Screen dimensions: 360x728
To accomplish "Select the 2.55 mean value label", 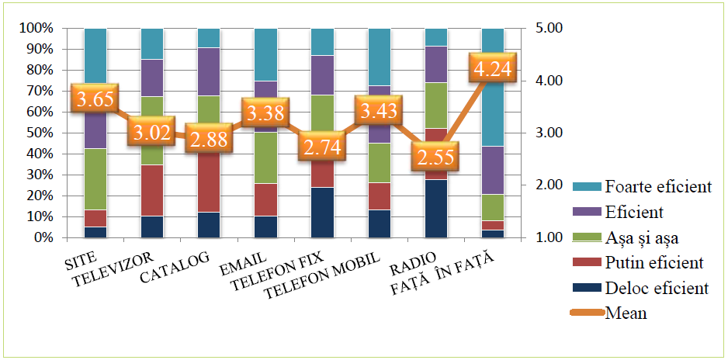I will pos(435,154).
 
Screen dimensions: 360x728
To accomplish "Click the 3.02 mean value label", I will pos(151,131).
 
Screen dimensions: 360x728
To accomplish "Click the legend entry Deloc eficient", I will pos(657,289).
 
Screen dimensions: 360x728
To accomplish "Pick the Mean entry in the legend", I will pos(625,313).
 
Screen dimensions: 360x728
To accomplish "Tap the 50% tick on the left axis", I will pos(37,133).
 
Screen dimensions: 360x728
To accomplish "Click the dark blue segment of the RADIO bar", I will pos(436,209).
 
